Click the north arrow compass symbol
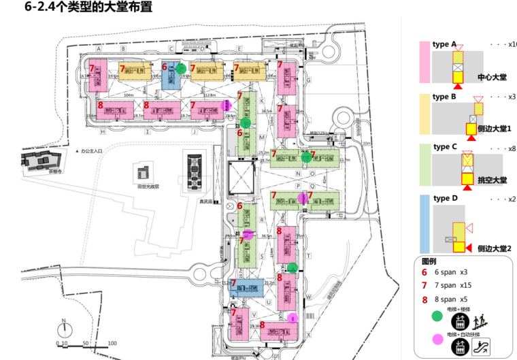pos(62,326)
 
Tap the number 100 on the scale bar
pos(112,344)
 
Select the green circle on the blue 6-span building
pos(181,69)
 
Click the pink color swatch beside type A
pos(423,62)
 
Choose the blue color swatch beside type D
pos(423,223)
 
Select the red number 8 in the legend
pos(424,299)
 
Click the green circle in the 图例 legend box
pos(436,316)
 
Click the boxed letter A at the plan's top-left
pos(99,49)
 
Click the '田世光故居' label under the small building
pos(148,186)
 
